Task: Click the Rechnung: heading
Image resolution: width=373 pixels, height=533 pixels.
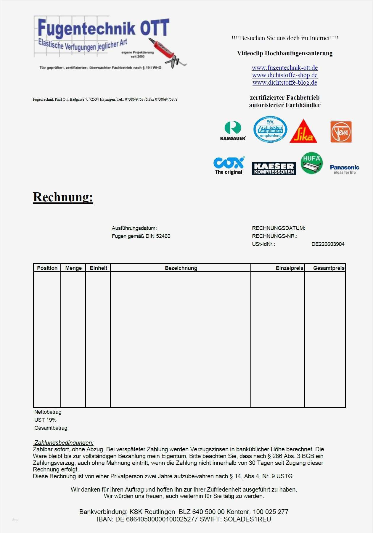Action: (63, 197)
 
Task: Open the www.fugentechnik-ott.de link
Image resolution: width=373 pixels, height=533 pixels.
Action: (284, 68)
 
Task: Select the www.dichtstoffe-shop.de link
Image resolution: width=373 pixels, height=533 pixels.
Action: (284, 75)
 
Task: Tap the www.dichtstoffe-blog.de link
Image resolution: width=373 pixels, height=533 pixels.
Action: (284, 83)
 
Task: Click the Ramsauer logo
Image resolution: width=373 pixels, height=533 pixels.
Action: (233, 131)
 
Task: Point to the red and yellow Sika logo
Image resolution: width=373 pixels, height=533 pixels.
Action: (303, 132)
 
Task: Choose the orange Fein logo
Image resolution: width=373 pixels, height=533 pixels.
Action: (341, 132)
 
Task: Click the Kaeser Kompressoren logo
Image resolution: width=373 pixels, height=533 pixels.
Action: (274, 168)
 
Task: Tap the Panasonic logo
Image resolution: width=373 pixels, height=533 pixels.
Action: (345, 169)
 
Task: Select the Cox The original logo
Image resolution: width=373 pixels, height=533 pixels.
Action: (229, 165)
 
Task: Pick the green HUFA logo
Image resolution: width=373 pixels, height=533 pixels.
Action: (311, 163)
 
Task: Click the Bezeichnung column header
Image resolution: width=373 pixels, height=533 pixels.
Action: (181, 268)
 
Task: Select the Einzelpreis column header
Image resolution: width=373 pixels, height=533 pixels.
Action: (289, 268)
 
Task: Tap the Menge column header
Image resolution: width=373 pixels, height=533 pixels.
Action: (73, 268)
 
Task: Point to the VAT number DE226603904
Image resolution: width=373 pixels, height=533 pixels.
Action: (328, 244)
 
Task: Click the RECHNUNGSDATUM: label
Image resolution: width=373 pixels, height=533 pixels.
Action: (278, 228)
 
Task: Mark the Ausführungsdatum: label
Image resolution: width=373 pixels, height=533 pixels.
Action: (134, 228)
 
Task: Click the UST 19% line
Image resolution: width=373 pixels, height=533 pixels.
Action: (45, 420)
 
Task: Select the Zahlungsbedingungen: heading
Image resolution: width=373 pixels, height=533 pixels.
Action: (64, 443)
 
